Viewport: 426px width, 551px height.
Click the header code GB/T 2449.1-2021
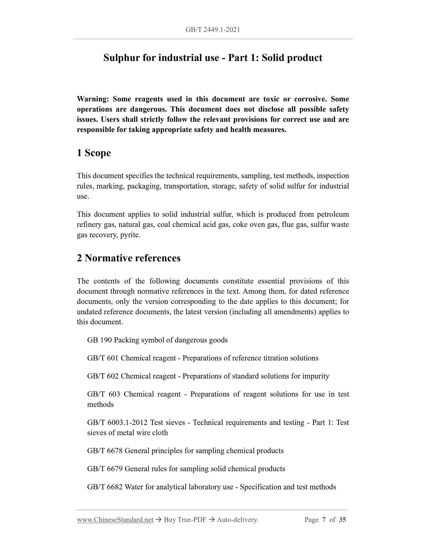click(213, 30)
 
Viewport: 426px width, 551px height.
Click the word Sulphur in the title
click(121, 58)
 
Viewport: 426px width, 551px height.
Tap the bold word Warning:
click(93, 99)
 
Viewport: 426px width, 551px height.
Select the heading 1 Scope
click(94, 153)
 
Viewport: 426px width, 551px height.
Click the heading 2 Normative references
click(129, 258)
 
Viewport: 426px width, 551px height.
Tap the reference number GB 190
click(99, 340)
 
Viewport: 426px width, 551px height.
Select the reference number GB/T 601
click(103, 358)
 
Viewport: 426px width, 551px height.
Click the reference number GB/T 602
click(103, 376)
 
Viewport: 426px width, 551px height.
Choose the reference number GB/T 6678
click(105, 451)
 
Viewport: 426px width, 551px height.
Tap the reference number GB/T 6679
click(105, 469)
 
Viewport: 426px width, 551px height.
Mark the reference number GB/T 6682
click(105, 487)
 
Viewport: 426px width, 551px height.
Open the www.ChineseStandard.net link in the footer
click(115, 520)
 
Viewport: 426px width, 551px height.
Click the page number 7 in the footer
click(324, 520)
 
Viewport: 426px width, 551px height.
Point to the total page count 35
click(342, 520)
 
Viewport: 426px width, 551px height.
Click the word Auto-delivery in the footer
click(237, 520)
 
